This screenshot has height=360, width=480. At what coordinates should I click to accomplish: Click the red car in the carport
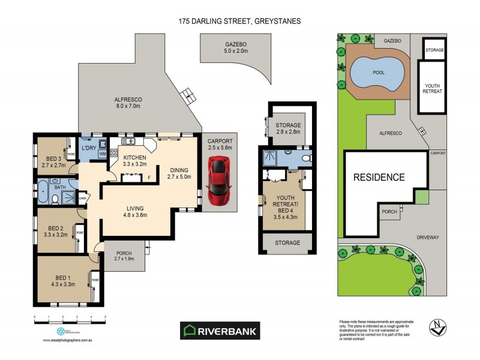click(218, 180)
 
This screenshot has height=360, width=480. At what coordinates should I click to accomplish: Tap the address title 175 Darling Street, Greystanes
click(239, 21)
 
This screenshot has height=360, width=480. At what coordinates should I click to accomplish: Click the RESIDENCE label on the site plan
click(379, 178)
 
